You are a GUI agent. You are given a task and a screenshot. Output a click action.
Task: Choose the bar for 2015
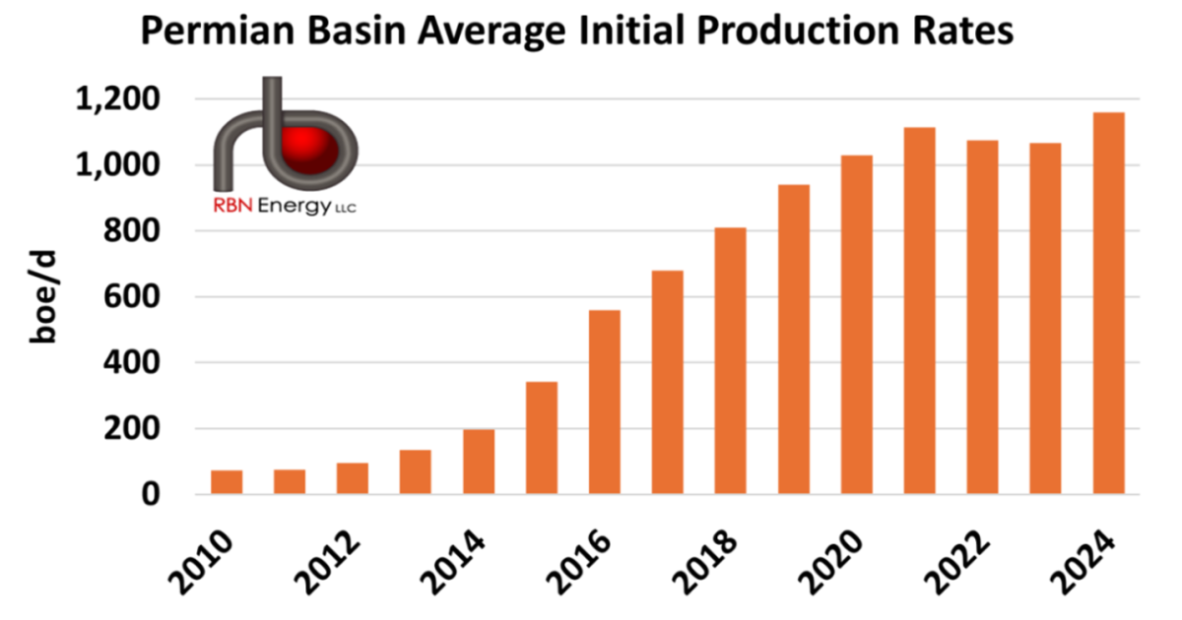coord(542,438)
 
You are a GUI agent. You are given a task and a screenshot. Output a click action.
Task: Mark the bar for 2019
coord(793,340)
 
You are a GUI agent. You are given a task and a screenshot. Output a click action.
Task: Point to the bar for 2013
coord(416,472)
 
